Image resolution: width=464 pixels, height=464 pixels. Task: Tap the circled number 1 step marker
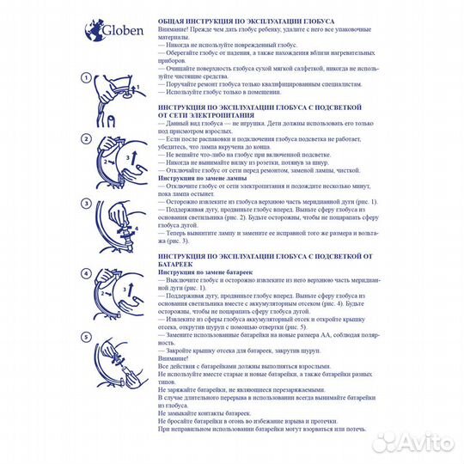click(x=86, y=77)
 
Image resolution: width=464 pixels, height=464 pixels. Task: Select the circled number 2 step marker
click(x=86, y=139)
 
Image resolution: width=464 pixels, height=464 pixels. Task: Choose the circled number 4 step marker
click(x=86, y=273)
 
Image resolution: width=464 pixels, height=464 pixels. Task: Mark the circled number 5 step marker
click(x=86, y=337)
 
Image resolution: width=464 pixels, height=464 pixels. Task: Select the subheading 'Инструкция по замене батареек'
click(x=205, y=271)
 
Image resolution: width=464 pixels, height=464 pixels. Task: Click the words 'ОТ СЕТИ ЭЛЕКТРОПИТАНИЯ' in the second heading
click(x=219, y=117)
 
